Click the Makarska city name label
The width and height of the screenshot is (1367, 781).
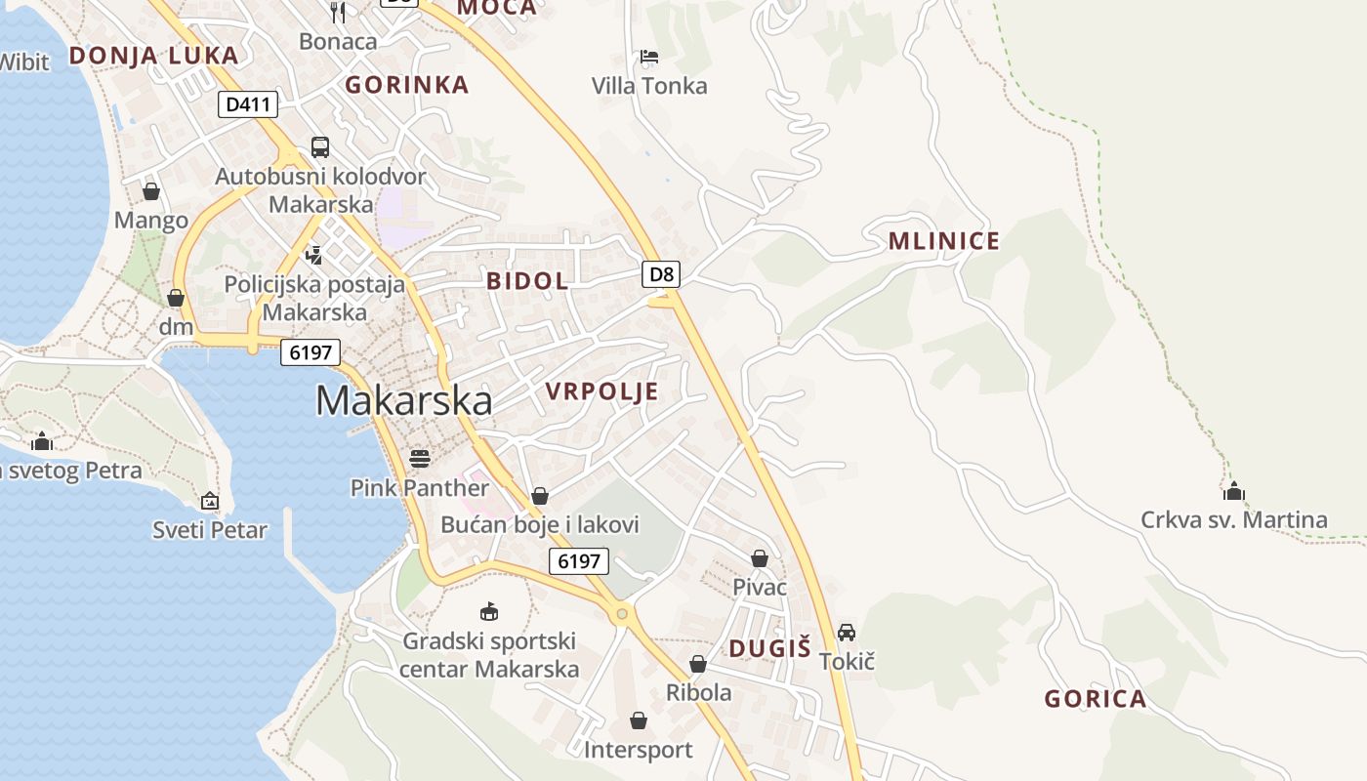(403, 401)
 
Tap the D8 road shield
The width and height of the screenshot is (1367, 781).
(662, 273)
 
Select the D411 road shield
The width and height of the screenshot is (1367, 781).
(248, 103)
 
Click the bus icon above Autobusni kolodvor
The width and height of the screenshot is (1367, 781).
(320, 147)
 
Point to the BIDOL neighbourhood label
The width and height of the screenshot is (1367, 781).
(527, 281)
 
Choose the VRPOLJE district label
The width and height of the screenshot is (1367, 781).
(601, 391)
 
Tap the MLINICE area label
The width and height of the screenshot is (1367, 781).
(944, 241)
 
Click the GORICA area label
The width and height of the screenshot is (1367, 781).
(1095, 699)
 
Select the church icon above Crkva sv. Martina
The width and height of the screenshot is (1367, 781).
(1234, 490)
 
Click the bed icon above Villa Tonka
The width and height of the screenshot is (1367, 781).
(649, 57)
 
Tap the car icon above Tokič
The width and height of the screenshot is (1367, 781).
(847, 633)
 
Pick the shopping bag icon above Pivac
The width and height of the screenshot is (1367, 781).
(760, 558)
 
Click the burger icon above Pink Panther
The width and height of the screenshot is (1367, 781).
(420, 458)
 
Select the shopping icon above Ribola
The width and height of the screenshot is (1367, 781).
(698, 664)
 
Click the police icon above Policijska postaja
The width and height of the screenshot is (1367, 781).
(313, 256)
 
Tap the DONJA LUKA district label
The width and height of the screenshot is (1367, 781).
(153, 56)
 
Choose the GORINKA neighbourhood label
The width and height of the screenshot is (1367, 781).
(407, 85)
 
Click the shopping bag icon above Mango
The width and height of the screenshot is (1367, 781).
(151, 191)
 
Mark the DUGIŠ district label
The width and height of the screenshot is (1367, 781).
(770, 648)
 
